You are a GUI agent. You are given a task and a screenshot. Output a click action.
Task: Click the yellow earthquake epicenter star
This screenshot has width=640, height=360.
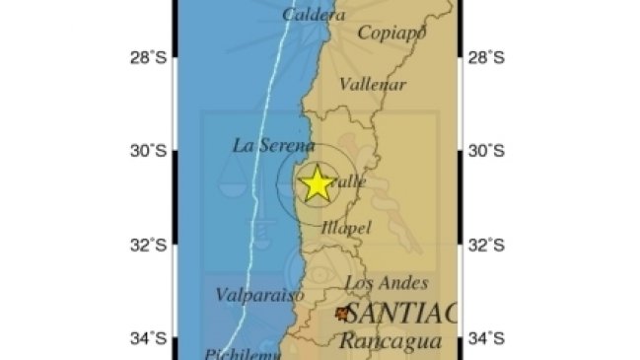(x=317, y=183)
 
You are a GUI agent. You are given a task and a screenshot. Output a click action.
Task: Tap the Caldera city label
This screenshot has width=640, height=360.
(x=314, y=15)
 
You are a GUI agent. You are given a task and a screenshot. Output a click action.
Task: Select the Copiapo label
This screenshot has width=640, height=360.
(x=391, y=34)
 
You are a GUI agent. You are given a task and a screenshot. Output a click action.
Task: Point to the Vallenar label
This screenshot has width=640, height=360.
(x=373, y=85)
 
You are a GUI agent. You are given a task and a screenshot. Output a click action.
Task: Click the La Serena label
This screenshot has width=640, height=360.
(x=273, y=145)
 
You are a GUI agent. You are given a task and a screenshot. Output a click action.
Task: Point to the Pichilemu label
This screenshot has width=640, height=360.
(x=238, y=352)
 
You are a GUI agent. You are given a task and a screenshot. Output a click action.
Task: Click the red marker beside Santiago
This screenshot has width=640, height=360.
(x=342, y=314)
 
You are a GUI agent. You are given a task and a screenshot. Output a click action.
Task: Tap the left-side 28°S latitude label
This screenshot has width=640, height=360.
(x=147, y=58)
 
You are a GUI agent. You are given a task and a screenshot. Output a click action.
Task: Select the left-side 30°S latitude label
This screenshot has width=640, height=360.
(x=147, y=151)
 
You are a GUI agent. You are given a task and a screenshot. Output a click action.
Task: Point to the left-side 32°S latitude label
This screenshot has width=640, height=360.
(x=147, y=246)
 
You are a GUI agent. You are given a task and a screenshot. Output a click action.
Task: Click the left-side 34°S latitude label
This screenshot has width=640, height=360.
(x=147, y=339)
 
